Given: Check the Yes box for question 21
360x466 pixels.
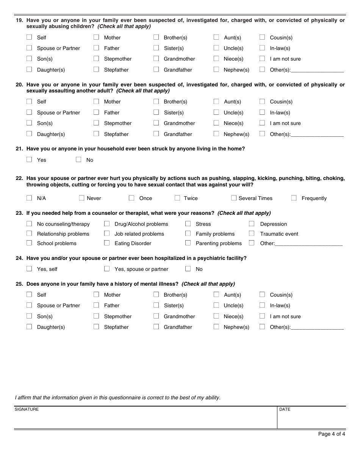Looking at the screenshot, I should [29, 160].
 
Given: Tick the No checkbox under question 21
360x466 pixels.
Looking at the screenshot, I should [78, 160].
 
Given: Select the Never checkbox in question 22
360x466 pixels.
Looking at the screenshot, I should [81, 198].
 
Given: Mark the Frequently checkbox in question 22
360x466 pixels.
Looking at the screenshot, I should [294, 198].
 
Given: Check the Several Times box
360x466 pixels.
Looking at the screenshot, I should [234, 198].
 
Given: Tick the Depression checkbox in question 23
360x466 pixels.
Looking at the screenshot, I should [252, 224].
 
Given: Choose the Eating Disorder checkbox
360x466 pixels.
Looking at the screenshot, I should [107, 243].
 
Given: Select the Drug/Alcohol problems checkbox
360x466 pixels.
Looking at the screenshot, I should [107, 224].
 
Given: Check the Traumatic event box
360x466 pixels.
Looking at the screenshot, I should [252, 233].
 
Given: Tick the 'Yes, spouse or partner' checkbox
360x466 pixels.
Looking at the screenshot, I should [107, 269].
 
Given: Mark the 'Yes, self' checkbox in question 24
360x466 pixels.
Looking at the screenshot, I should [29, 269].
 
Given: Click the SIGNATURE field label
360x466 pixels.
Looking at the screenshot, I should [27, 409].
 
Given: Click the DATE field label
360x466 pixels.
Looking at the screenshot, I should [285, 409].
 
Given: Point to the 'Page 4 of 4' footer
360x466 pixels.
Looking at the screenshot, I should [332, 434].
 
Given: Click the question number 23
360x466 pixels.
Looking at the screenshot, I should [19, 213].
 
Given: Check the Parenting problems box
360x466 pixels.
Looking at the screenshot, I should [188, 243].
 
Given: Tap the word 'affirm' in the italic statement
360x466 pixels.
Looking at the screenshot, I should [25, 397].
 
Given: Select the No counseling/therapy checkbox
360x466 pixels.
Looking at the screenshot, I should [29, 224].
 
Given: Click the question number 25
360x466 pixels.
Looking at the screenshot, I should [19, 284].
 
